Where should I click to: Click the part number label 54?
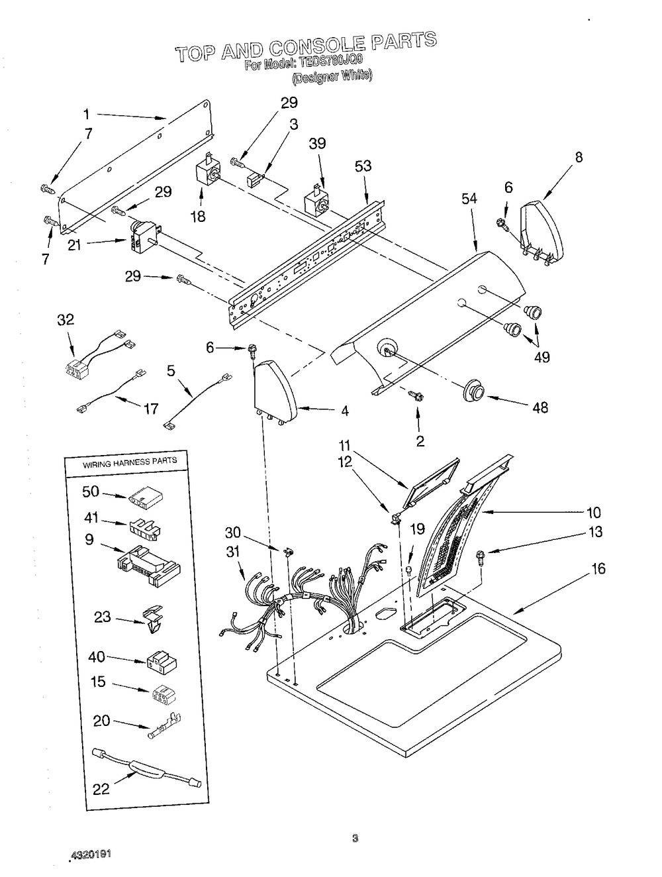[469, 199]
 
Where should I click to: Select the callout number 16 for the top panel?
[598, 568]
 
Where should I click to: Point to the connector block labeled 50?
[146, 498]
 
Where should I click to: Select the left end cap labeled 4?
[275, 392]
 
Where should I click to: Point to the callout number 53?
[363, 166]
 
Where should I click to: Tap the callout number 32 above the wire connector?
[66, 320]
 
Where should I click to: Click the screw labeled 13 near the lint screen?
[481, 557]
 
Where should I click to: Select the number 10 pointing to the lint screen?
[593, 512]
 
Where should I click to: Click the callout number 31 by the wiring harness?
[232, 552]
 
